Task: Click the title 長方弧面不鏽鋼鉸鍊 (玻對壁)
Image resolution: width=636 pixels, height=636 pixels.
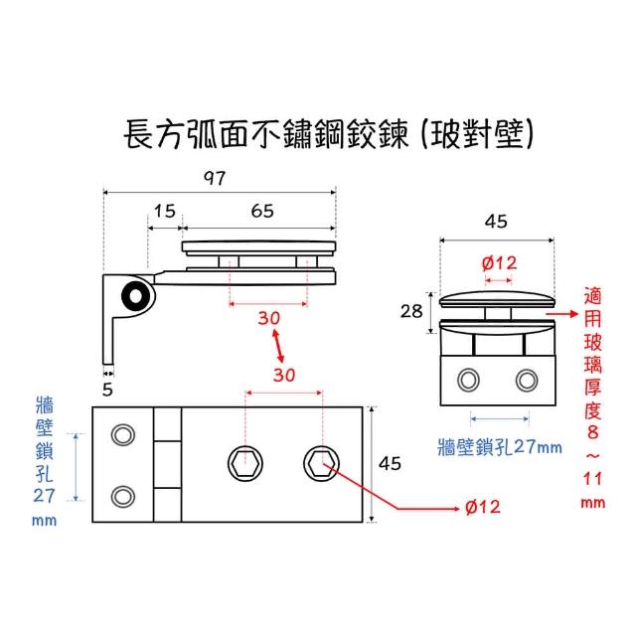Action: tap(328, 135)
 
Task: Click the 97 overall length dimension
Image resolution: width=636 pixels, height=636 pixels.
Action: tap(215, 178)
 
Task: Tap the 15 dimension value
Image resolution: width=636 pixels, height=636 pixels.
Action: tap(164, 211)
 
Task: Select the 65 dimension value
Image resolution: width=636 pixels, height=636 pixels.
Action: tap(262, 211)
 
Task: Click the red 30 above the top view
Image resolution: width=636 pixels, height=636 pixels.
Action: tap(285, 376)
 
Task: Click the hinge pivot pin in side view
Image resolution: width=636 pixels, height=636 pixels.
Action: tap(131, 296)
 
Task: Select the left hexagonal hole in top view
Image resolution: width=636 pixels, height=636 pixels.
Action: tap(242, 462)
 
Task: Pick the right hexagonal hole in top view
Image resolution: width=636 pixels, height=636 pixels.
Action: tap(321, 462)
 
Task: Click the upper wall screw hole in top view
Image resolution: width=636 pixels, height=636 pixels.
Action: tap(124, 435)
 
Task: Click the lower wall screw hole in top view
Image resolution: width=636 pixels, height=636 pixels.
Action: tap(124, 494)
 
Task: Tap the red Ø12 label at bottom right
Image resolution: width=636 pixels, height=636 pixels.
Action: tap(482, 507)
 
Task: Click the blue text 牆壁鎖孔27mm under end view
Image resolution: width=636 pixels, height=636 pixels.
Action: tap(499, 446)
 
